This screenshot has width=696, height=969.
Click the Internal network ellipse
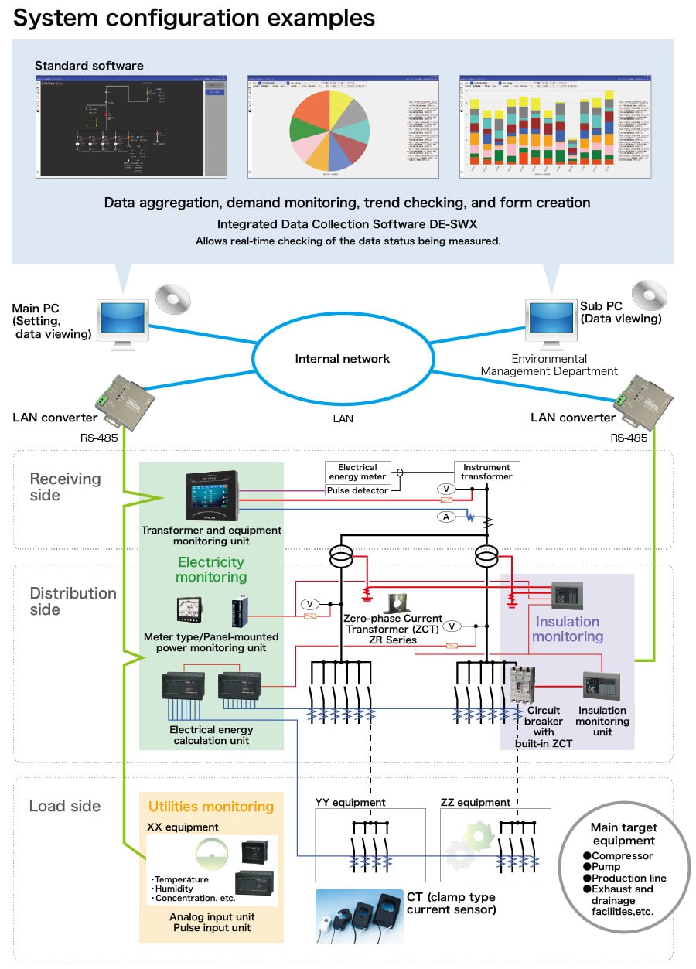(343, 359)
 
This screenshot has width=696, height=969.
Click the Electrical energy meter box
(357, 473)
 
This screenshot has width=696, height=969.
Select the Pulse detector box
(357, 491)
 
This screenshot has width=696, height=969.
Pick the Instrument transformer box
(486, 473)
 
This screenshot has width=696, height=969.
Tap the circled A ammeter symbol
(446, 517)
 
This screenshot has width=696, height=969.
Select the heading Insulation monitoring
(567, 629)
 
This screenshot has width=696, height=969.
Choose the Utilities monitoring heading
(211, 807)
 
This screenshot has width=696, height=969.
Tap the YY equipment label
(350, 802)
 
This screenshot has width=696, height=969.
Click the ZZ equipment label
(476, 802)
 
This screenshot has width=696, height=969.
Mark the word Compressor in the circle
(623, 856)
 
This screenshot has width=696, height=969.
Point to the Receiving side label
(65, 487)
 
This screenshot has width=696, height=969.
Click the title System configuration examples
(194, 18)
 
